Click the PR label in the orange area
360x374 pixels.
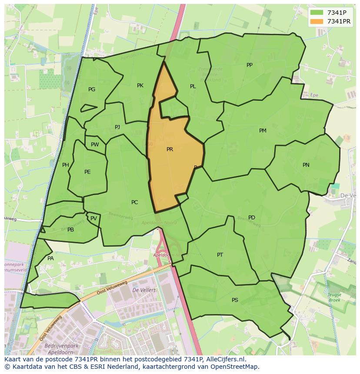pyautogui.click(x=170, y=149)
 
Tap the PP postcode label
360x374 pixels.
pyautogui.click(x=250, y=65)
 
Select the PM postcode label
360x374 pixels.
pyautogui.click(x=263, y=131)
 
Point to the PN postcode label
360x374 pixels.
pyautogui.click(x=306, y=165)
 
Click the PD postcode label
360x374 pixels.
pyautogui.click(x=252, y=218)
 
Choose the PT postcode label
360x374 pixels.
pyautogui.click(x=220, y=255)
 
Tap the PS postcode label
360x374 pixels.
pyautogui.click(x=235, y=300)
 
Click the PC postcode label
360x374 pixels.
pyautogui.click(x=134, y=202)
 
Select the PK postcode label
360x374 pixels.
pyautogui.click(x=140, y=86)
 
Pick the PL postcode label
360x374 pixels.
pyautogui.click(x=193, y=87)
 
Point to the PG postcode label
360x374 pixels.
pyautogui.click(x=92, y=89)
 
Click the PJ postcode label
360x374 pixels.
pyautogui.click(x=117, y=127)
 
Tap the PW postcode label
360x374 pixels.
pyautogui.click(x=95, y=145)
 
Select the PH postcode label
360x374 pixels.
pyautogui.click(x=66, y=165)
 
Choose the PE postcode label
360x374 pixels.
pyautogui.click(x=87, y=172)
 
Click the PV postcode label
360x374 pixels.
pyautogui.click(x=93, y=218)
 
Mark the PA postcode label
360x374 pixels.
pyautogui.click(x=50, y=258)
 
